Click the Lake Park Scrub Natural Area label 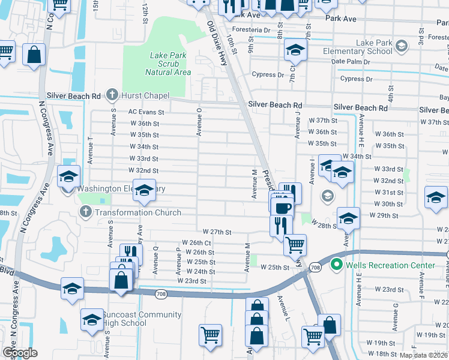(168, 64)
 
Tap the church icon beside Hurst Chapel (112, 95)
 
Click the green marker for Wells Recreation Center (337, 265)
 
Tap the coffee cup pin (282, 208)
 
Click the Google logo (20, 353)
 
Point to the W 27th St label (217, 232)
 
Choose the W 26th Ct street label (196, 243)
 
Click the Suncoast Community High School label (134, 319)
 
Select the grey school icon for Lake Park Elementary (402, 44)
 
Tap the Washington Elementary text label (120, 188)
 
